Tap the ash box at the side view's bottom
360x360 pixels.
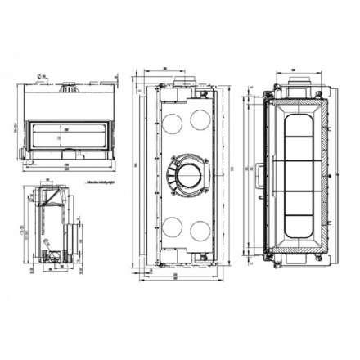[x=51, y=257]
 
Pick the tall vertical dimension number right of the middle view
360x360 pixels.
[x=232, y=168]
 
